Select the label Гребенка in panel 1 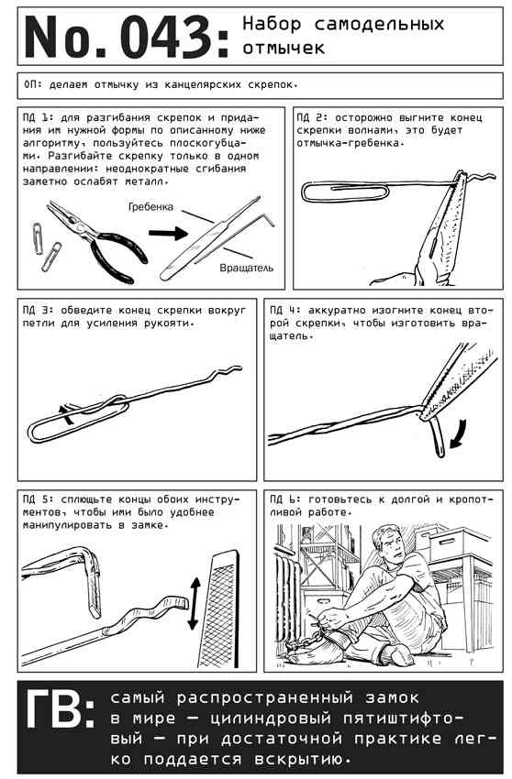coord(150,207)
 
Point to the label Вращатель coord(246,268)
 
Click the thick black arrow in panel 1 coord(168,233)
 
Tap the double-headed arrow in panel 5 coord(195,603)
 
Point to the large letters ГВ coord(60,709)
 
